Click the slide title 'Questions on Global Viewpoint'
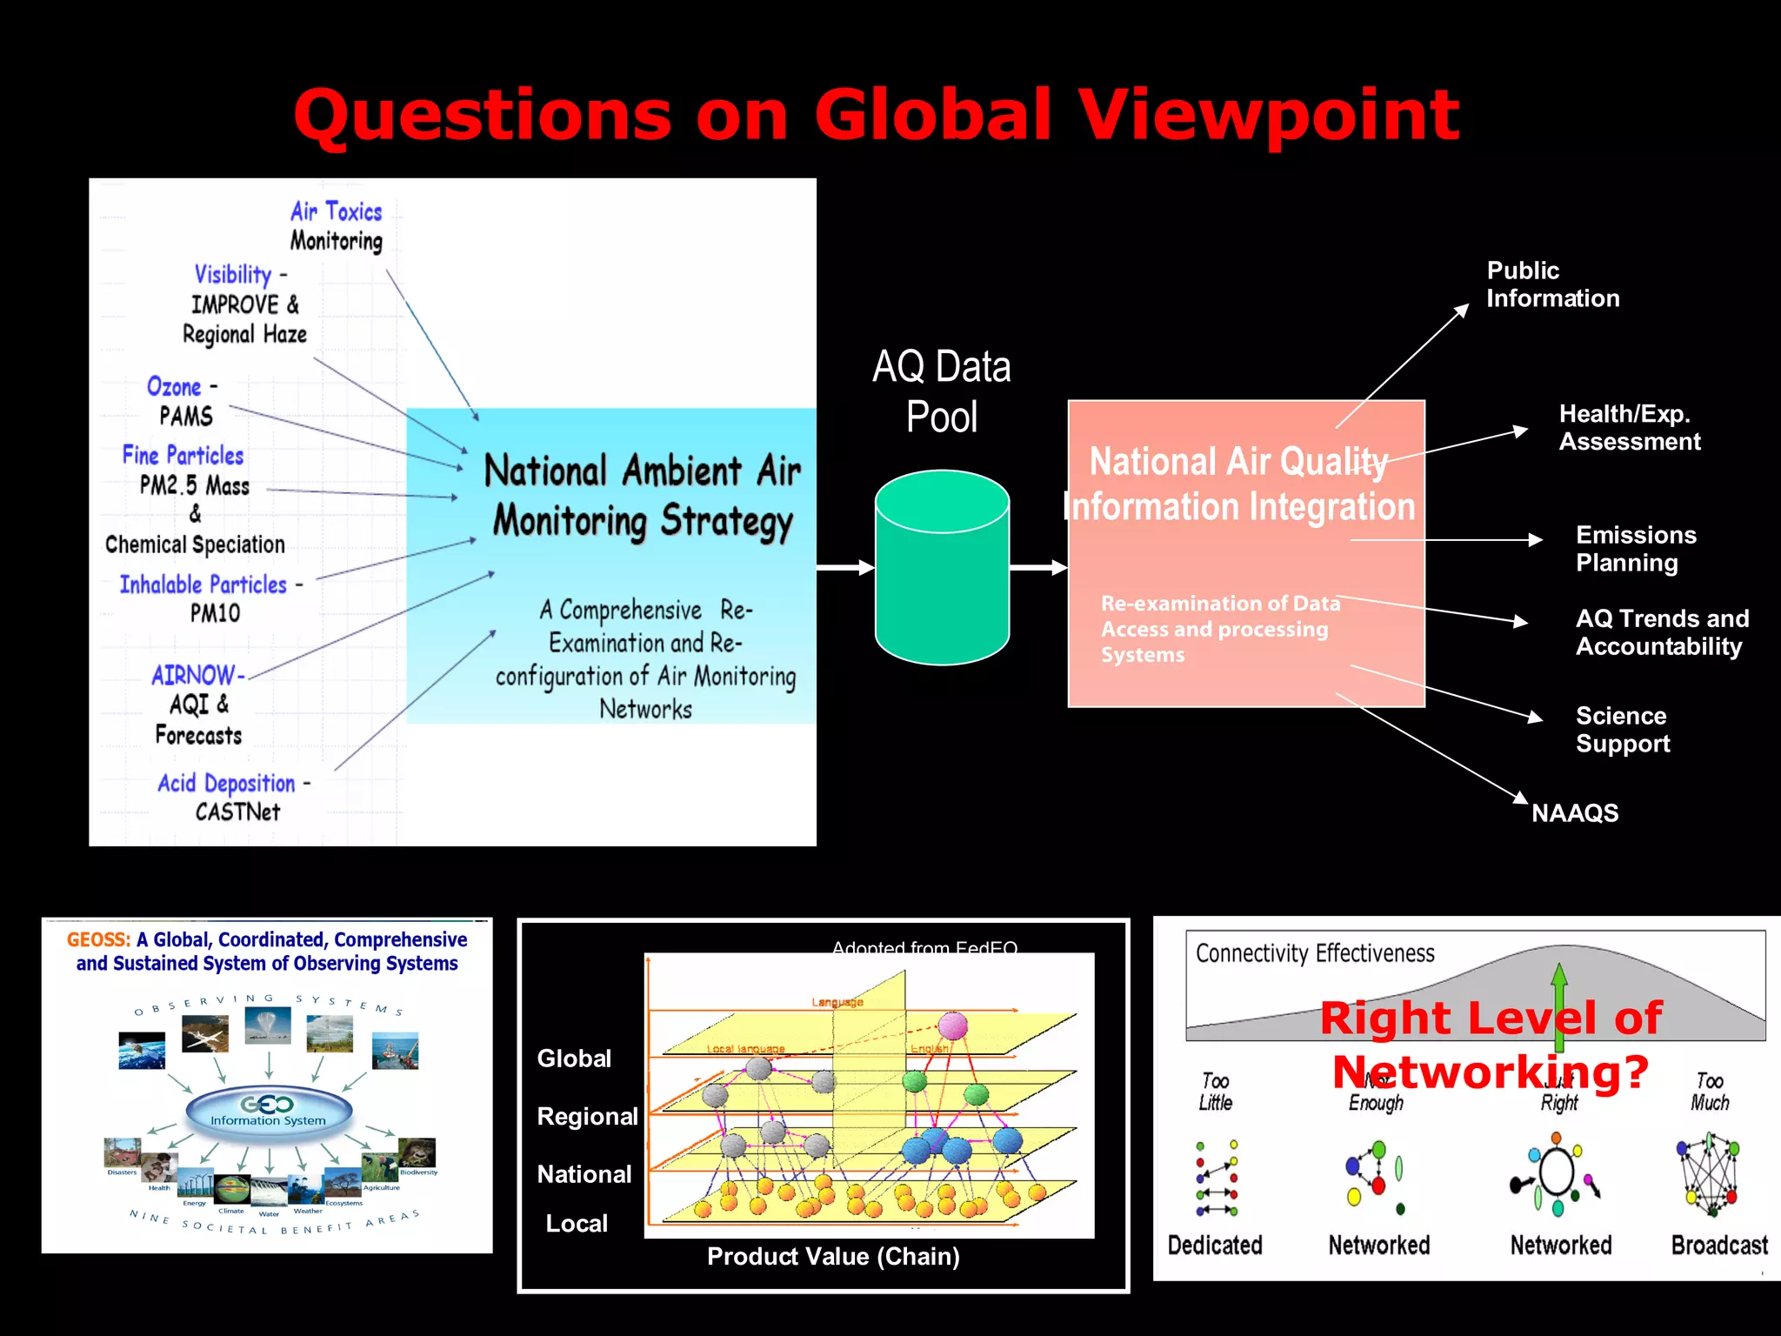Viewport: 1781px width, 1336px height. [877, 115]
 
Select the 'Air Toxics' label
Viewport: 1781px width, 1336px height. [336, 211]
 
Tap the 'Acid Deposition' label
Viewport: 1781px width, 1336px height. [226, 783]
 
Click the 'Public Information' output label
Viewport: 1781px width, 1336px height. [1552, 284]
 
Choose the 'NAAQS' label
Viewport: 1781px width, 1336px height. [1574, 813]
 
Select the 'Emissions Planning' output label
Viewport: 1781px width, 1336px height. [1636, 549]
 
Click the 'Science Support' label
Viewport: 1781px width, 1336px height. [1623, 730]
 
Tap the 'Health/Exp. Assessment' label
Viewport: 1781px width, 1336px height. [1629, 428]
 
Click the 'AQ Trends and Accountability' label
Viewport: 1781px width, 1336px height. [1662, 632]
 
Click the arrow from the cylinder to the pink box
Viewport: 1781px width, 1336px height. [1038, 568]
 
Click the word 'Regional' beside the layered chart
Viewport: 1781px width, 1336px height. [587, 1117]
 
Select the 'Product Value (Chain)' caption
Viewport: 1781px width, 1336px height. [833, 1257]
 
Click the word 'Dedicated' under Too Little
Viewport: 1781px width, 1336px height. [1215, 1246]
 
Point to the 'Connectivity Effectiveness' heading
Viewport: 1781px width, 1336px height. [1315, 954]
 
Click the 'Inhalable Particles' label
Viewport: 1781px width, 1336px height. [203, 584]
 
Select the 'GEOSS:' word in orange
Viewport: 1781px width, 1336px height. [98, 940]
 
